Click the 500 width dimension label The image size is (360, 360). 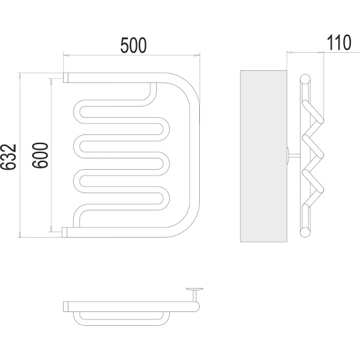(133, 45)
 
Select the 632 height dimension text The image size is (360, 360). (8, 157)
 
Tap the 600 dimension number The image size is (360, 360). (40, 155)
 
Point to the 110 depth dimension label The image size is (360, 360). (339, 43)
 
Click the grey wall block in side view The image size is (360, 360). (263, 156)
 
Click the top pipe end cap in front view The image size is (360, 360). (66, 77)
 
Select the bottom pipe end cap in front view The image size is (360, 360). (65, 232)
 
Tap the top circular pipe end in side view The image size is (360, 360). (305, 79)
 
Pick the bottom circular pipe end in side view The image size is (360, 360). (305, 232)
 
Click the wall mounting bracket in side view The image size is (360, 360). (293, 155)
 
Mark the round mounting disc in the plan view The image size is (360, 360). (194, 289)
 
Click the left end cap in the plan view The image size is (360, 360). (66, 307)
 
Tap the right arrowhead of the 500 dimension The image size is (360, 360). (197, 55)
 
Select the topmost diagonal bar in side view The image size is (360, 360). (313, 112)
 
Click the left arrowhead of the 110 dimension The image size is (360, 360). (290, 53)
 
